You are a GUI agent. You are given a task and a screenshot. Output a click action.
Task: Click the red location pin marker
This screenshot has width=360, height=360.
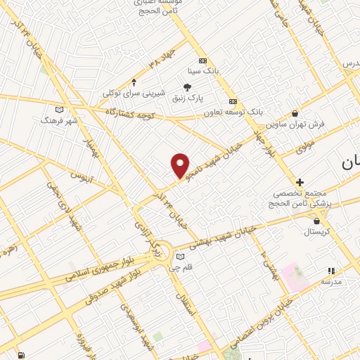(x=181, y=166)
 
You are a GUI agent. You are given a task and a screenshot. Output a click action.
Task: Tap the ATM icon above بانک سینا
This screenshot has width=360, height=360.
(x=203, y=60)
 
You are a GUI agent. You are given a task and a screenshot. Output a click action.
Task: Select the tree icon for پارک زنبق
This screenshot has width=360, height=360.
(x=188, y=86)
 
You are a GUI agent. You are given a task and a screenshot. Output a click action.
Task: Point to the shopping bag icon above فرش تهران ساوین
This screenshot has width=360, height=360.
(x=295, y=113)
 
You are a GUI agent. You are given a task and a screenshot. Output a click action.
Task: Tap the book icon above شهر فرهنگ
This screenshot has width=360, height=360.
(x=59, y=109)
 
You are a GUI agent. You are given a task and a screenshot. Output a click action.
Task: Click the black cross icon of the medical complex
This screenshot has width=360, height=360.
(x=300, y=182)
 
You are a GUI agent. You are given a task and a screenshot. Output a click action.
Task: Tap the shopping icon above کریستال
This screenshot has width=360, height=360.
(x=317, y=221)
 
